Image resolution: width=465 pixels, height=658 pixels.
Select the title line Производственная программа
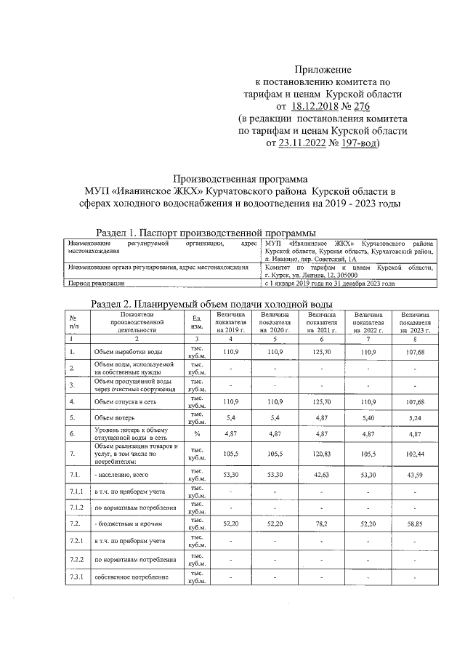[239, 178]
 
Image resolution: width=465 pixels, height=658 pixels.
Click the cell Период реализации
[97, 284]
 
